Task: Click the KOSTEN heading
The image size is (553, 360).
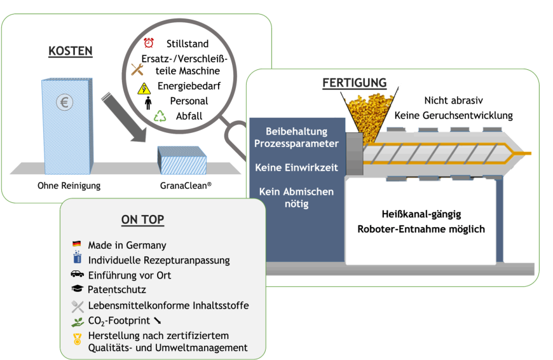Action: coord(71,51)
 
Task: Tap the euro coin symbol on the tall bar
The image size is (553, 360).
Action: coord(64,102)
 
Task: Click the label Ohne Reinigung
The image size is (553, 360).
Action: coord(69,186)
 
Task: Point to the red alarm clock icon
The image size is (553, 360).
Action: coord(149,43)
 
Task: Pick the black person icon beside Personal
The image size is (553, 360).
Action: coord(148,102)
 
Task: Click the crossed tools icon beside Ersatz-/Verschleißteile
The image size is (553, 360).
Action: coord(137,69)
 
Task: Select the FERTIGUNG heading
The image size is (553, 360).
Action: coord(355,83)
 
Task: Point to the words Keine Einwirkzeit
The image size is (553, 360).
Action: coord(296,168)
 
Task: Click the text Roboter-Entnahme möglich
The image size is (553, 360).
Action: coord(421,229)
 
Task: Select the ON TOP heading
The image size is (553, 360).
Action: coord(142,220)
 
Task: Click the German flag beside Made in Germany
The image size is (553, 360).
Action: coord(77,244)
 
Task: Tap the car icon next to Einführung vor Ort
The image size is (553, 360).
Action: coord(77,274)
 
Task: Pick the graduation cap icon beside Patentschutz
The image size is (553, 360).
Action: coord(77,289)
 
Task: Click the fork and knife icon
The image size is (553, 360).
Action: coord(78,305)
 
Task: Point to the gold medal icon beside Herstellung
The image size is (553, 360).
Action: coord(78,340)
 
